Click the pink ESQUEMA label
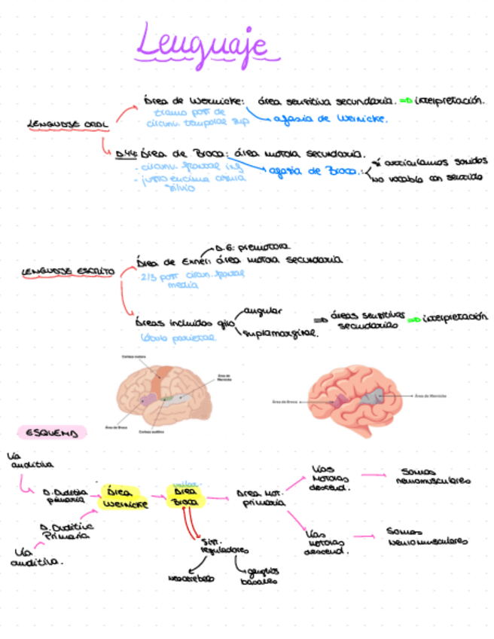51,433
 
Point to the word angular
261,310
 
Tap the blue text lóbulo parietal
179,338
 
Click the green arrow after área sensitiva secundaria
404,100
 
